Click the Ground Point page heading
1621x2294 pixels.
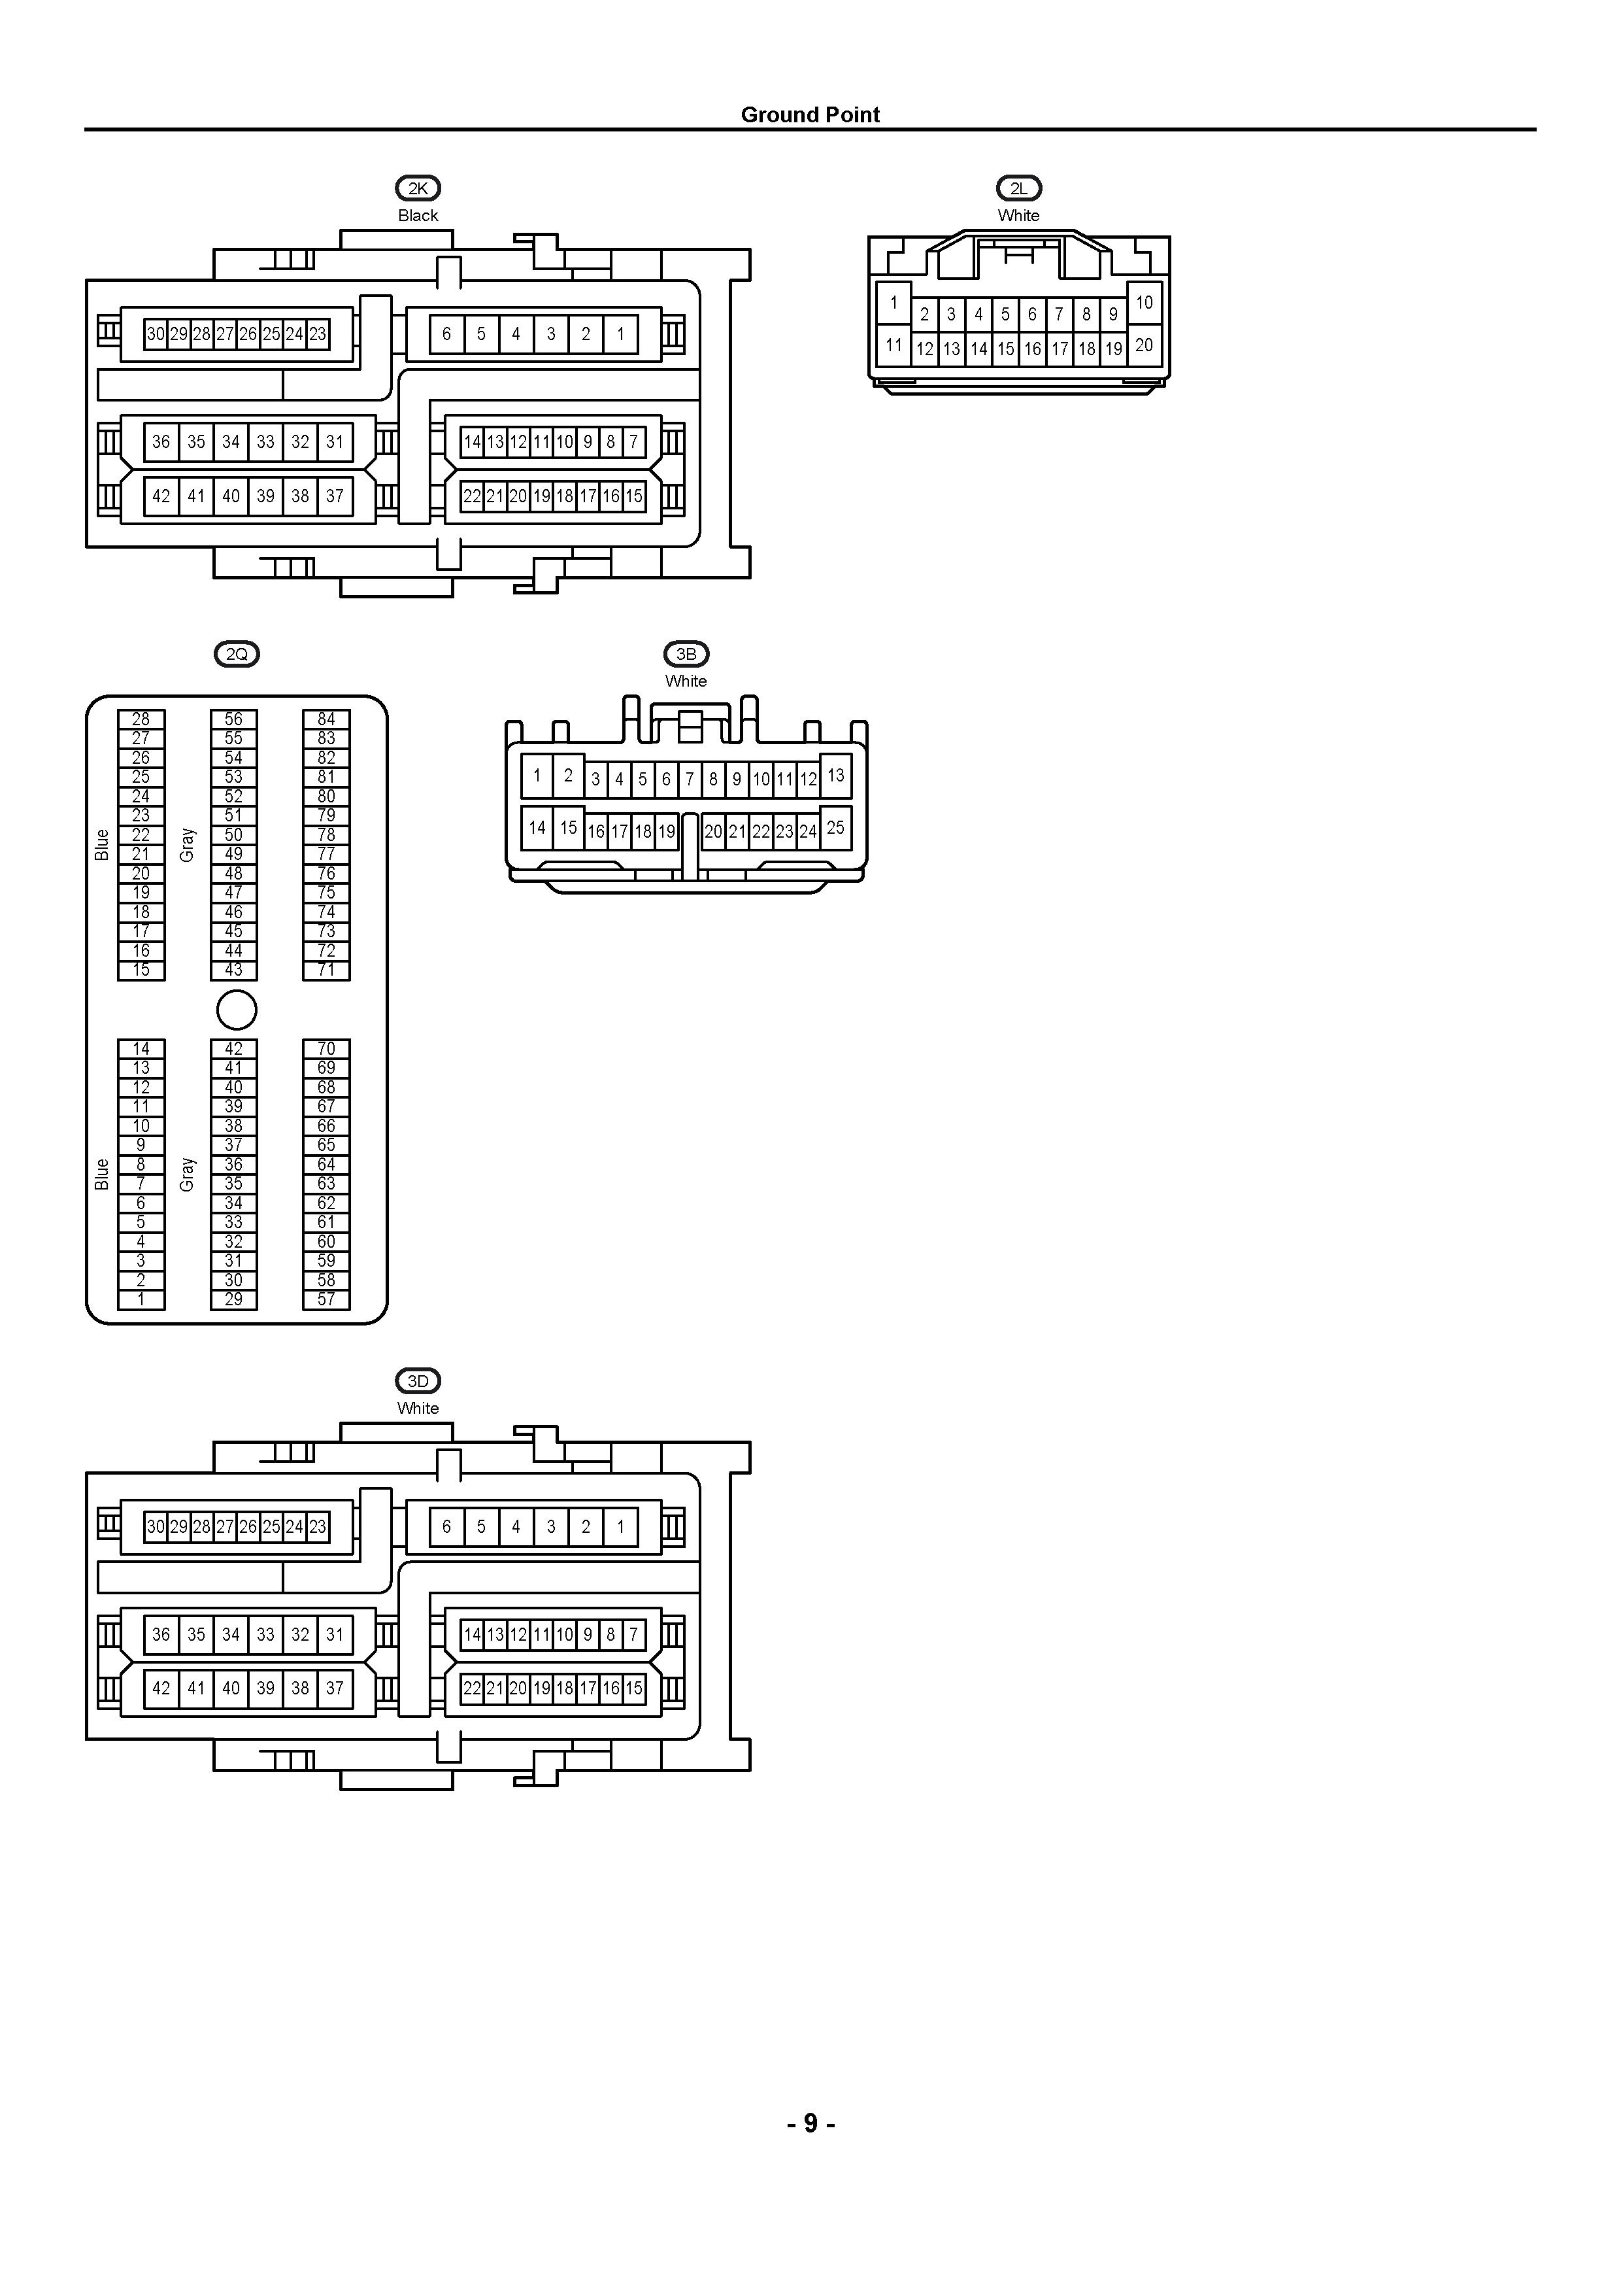click(x=810, y=115)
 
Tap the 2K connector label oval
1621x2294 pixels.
click(x=418, y=188)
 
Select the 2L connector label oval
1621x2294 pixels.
click(x=1019, y=188)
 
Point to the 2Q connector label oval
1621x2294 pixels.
click(x=237, y=655)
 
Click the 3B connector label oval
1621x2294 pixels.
click(x=686, y=655)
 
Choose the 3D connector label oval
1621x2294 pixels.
click(x=418, y=1381)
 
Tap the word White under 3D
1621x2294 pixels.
click(x=418, y=1408)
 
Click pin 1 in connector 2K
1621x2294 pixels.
click(x=620, y=334)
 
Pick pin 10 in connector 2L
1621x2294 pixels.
click(x=1145, y=303)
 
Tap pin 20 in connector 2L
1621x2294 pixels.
click(x=1145, y=346)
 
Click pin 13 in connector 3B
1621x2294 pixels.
click(x=836, y=776)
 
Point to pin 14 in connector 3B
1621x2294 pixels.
click(x=537, y=827)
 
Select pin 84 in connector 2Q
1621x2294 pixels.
click(x=327, y=719)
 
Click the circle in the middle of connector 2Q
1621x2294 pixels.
click(x=237, y=1010)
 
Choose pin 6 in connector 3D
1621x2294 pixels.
click(x=446, y=1527)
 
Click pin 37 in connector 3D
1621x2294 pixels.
click(x=335, y=1688)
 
